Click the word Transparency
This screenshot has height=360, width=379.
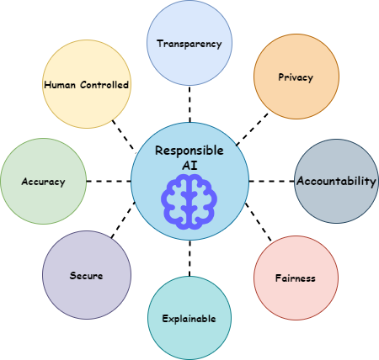[x=189, y=44]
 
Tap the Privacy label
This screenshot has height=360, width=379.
[x=296, y=77]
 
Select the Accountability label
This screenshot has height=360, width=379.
[x=336, y=181]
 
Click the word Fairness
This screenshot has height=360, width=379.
[x=296, y=278]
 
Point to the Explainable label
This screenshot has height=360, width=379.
[x=189, y=319]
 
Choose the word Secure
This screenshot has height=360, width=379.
[x=86, y=276]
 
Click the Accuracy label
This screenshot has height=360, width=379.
[x=43, y=182]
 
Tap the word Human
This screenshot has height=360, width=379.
[x=60, y=85]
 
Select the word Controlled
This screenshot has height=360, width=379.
[x=104, y=85]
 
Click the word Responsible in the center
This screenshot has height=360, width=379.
[x=189, y=151]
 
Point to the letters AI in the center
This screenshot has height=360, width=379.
[x=189, y=166]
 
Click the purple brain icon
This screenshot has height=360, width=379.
[x=189, y=202]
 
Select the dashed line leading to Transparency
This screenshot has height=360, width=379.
[x=189, y=104]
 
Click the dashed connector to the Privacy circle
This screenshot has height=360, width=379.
[x=252, y=130]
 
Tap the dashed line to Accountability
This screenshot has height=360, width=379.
[x=272, y=181]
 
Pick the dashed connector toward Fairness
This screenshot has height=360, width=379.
[x=259, y=222]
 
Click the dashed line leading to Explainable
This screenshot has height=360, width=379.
[x=189, y=258]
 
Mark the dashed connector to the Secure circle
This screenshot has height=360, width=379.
[x=123, y=220]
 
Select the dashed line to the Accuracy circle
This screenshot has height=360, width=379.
[x=109, y=181]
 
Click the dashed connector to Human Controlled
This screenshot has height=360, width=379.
[x=124, y=135]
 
